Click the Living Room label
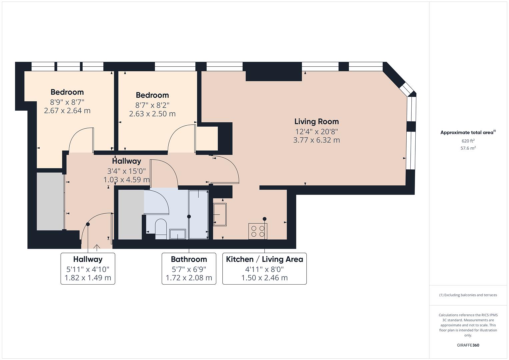(316, 122)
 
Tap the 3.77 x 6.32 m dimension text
(316, 140)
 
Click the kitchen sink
(220, 214)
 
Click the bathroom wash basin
(178, 234)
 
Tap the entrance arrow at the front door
(97, 247)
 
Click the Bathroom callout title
(189, 259)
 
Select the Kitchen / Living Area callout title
(264, 259)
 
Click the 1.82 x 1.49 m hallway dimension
(88, 278)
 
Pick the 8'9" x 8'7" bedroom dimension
(67, 102)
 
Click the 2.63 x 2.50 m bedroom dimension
(152, 114)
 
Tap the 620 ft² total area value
(468, 141)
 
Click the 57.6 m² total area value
(468, 148)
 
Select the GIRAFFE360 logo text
(468, 345)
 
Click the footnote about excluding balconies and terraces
(468, 295)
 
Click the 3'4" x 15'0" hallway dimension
(126, 171)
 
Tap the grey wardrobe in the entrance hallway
(50, 201)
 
